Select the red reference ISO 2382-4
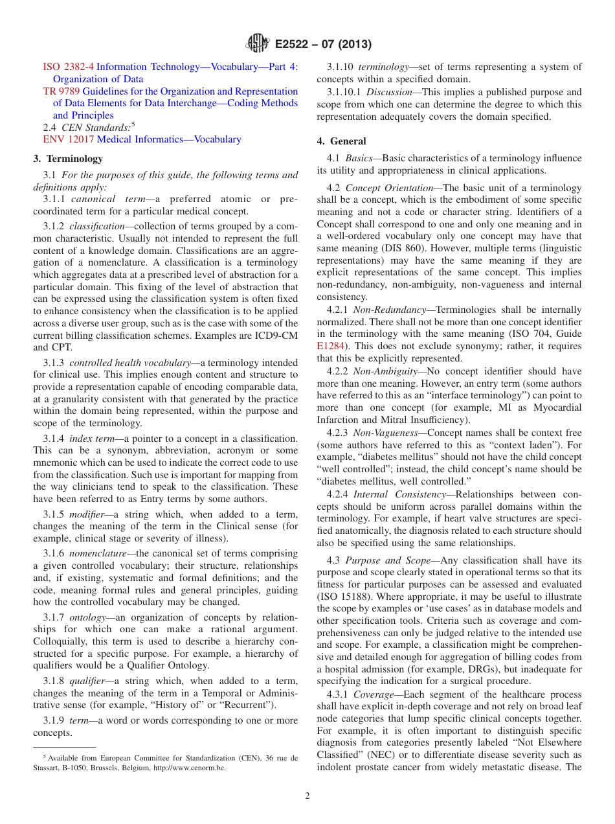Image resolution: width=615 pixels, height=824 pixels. (68, 67)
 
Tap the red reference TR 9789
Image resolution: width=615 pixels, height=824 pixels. (61, 91)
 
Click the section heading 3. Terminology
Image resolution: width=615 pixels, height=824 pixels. (68, 159)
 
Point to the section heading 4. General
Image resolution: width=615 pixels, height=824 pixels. (341, 141)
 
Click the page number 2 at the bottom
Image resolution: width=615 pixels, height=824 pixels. (307, 795)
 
